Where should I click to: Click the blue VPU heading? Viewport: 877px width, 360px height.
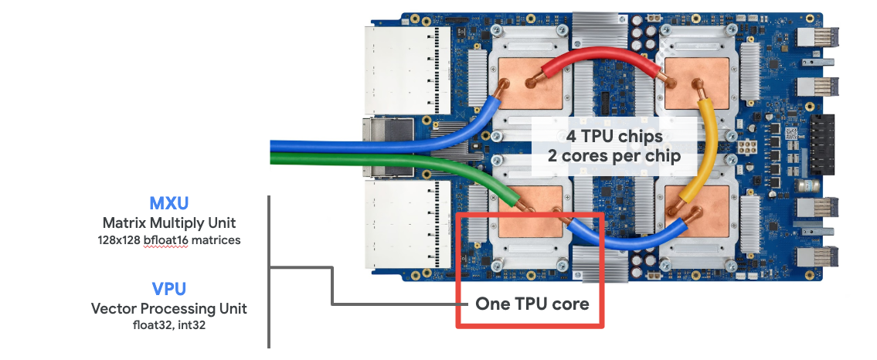tap(169, 289)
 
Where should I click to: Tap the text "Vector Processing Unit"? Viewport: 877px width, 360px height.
tap(169, 308)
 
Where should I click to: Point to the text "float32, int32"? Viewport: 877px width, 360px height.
tap(169, 325)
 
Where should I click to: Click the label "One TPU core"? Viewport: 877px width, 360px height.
tap(532, 304)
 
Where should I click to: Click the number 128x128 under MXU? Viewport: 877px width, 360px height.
tap(114, 239)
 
